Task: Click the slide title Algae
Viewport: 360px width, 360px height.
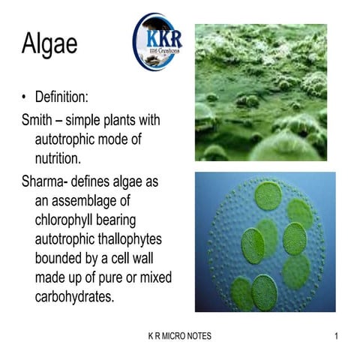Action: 49,45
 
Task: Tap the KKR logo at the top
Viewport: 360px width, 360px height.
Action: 157,42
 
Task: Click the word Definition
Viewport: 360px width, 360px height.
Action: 73,97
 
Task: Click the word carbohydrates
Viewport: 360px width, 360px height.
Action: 80,297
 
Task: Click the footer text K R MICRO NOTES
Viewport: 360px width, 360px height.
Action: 180,336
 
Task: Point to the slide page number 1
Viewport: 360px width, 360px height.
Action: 336,336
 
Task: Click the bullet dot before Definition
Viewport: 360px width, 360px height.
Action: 25,97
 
